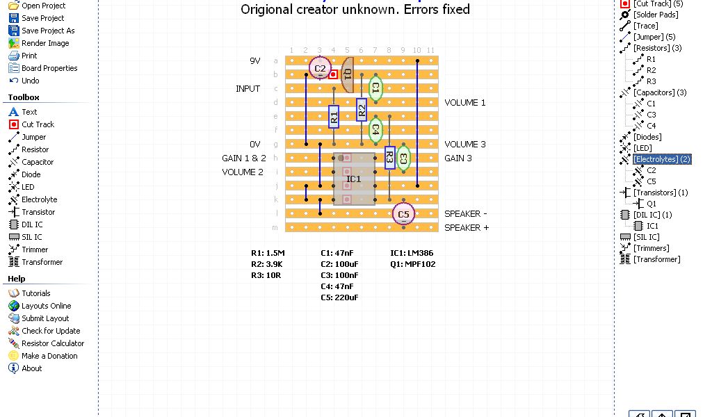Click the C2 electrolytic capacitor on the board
coord(319,68)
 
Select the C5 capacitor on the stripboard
coord(403,214)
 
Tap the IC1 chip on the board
coord(354,179)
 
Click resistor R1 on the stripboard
coord(334,116)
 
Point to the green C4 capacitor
coord(375,129)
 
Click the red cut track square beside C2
coord(334,74)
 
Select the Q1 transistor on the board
coord(348,74)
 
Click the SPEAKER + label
coord(467,228)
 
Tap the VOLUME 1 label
coord(465,103)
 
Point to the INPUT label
coord(248,89)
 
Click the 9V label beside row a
coord(255,61)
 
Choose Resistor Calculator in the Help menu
coord(53,343)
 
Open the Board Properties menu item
coord(49,68)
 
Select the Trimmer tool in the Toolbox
coord(35,250)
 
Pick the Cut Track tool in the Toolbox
coord(38,124)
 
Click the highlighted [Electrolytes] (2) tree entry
coord(662,159)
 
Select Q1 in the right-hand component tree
coord(652,204)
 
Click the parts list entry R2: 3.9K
coord(267,264)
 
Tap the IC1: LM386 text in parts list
coord(412,253)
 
